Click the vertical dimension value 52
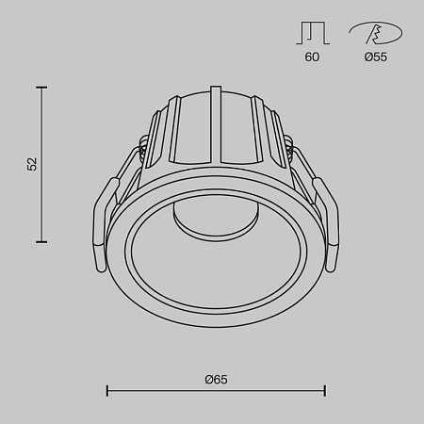31,164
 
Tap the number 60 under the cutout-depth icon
312,57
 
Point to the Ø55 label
375,57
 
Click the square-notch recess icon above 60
312,34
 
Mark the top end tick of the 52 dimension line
41,87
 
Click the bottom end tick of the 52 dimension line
41,242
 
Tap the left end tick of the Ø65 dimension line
106,390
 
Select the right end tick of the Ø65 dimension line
325,390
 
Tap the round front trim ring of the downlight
216,318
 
